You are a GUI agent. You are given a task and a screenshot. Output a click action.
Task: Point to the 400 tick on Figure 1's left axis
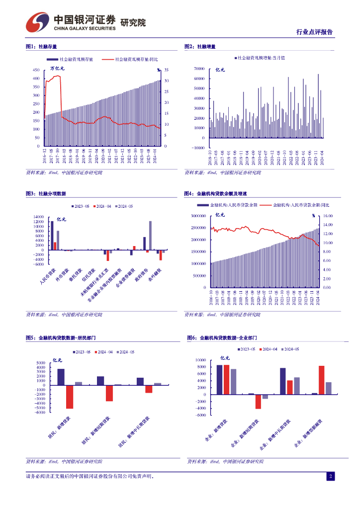[x=35, y=79]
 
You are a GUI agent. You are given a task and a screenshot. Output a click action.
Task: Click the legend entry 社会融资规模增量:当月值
[x=260, y=58]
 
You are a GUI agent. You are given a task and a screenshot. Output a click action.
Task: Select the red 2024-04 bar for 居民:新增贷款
[x=70, y=397]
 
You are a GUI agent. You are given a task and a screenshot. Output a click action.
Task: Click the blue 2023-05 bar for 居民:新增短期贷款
[x=100, y=381]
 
